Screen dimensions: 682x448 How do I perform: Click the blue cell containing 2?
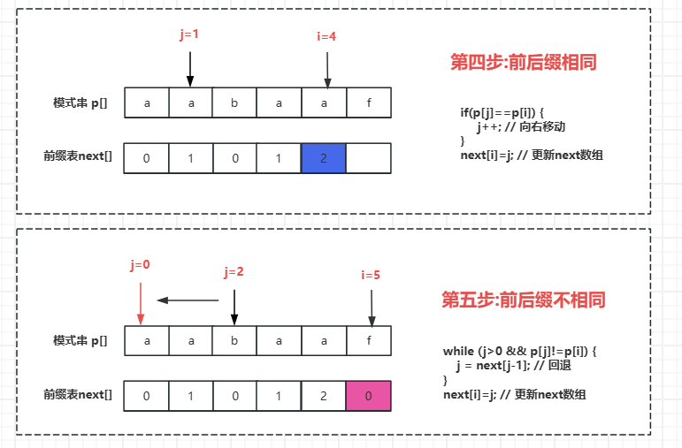[x=323, y=158]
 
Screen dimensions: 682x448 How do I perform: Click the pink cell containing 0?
[x=367, y=396]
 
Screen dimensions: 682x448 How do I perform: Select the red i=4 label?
[x=327, y=37]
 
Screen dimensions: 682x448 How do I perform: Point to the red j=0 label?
[x=140, y=264]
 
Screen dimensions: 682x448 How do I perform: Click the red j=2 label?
[x=234, y=272]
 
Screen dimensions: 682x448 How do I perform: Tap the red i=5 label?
[x=371, y=275]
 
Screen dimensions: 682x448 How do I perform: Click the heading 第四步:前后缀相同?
[x=524, y=63]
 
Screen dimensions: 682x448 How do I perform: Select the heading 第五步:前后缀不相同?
[x=524, y=300]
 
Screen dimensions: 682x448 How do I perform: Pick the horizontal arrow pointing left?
[x=188, y=300]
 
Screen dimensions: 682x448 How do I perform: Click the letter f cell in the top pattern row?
[x=368, y=103]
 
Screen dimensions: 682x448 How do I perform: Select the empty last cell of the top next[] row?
[x=368, y=158]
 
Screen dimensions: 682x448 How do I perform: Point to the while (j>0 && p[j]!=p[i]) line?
[x=520, y=351]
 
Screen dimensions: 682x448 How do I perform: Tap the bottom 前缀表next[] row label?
[x=78, y=394]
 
